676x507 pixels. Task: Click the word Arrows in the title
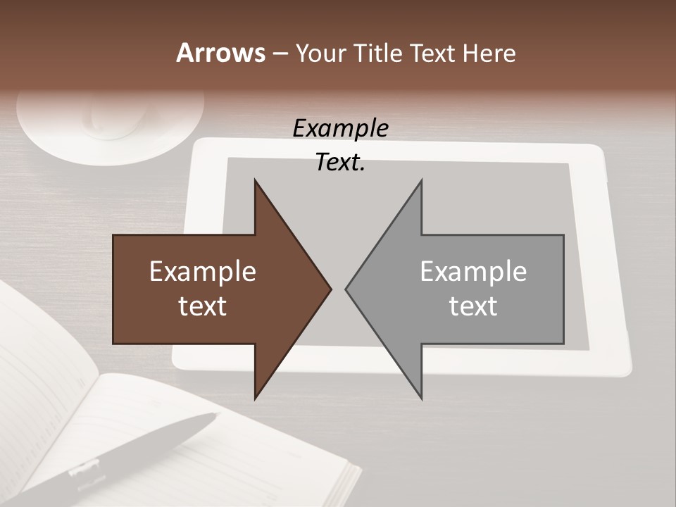(220, 54)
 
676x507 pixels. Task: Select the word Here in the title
(489, 54)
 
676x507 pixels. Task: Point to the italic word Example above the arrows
(340, 129)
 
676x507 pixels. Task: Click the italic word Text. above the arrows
(340, 163)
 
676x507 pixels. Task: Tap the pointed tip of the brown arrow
(330, 289)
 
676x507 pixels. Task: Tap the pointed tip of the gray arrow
(346, 289)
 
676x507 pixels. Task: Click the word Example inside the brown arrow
(203, 272)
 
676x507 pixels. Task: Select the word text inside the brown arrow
(203, 306)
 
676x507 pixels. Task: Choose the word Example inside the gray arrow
(473, 272)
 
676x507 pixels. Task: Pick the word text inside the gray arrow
(473, 306)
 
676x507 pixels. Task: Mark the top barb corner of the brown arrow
(255, 180)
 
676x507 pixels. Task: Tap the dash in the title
(280, 54)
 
